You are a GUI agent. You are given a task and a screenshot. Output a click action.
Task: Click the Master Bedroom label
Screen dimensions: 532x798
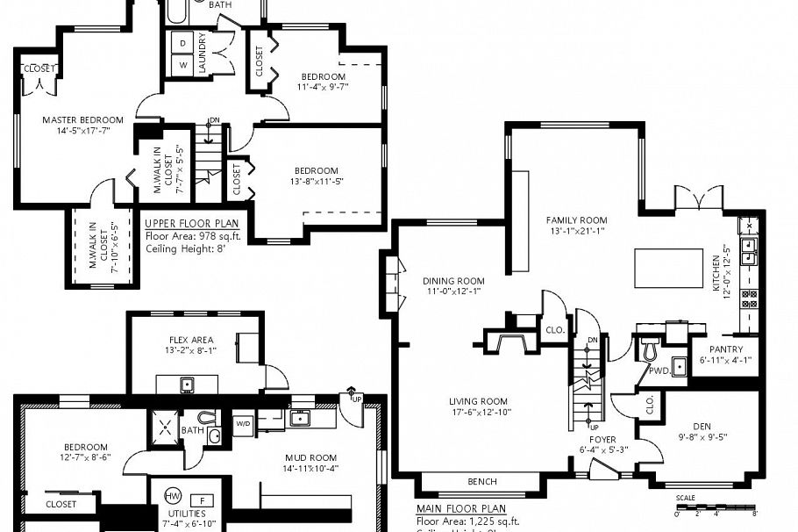click(83, 119)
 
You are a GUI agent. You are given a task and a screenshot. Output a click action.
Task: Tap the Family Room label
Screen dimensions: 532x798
click(576, 220)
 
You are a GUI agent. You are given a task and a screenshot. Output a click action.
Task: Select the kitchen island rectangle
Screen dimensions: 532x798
click(668, 267)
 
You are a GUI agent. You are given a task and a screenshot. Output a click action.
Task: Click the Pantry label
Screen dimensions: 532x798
click(725, 349)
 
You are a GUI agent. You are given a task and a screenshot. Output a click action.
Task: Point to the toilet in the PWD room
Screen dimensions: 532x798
click(650, 350)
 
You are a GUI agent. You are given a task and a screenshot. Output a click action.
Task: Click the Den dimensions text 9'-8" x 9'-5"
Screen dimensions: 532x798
click(704, 436)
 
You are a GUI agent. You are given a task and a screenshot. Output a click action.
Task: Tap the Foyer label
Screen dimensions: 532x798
click(602, 439)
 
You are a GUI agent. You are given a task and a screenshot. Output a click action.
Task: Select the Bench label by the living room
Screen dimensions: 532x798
click(481, 481)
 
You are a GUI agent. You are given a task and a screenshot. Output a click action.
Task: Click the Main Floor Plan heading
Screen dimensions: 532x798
click(460, 508)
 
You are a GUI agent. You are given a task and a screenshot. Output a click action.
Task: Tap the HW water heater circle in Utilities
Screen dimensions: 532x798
click(174, 497)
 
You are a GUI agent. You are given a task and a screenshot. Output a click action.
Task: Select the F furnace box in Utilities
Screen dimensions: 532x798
click(202, 500)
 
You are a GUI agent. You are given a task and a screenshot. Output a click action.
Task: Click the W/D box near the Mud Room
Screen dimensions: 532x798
click(243, 422)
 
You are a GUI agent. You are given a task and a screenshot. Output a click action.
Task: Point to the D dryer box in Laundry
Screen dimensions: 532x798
click(184, 43)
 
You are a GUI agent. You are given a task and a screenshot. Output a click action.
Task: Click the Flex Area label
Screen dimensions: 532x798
click(191, 340)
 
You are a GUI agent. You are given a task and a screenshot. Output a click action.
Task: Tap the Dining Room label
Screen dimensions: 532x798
click(453, 281)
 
